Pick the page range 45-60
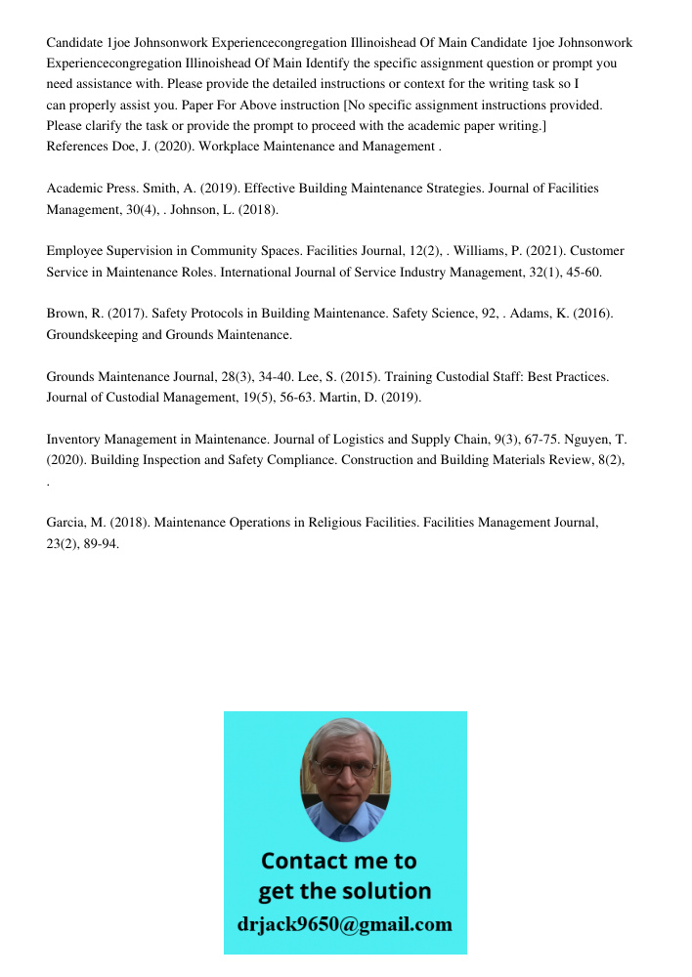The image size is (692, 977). point(584,273)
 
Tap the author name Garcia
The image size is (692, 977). point(67,523)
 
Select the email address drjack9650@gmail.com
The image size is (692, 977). point(345,924)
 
